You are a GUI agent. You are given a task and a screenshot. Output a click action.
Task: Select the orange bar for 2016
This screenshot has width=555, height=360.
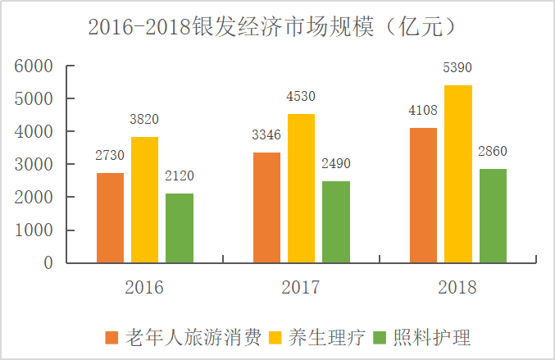click(111, 218)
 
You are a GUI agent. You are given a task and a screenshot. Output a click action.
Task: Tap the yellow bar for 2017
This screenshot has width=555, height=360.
click(301, 189)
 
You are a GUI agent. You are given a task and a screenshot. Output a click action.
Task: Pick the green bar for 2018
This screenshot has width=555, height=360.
click(493, 216)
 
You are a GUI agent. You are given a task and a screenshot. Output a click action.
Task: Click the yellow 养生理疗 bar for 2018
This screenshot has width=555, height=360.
click(458, 174)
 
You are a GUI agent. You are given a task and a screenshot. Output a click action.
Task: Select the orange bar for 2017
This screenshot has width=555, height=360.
click(267, 207)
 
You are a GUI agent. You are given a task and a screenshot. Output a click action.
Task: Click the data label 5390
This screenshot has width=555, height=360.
click(458, 68)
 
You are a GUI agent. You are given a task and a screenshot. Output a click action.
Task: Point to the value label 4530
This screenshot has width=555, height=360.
click(301, 97)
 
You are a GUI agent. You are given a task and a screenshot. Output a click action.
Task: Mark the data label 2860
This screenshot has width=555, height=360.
click(493, 152)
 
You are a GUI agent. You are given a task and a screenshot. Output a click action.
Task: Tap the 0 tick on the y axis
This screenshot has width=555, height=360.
click(48, 263)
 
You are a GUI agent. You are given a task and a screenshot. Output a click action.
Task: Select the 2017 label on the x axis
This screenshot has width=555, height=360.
click(301, 288)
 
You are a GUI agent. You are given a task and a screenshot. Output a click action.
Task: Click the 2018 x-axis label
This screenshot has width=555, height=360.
click(457, 288)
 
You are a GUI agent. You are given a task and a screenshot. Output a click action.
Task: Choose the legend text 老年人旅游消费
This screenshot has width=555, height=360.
click(193, 337)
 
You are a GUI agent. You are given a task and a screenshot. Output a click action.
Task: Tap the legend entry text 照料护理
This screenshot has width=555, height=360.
click(432, 337)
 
